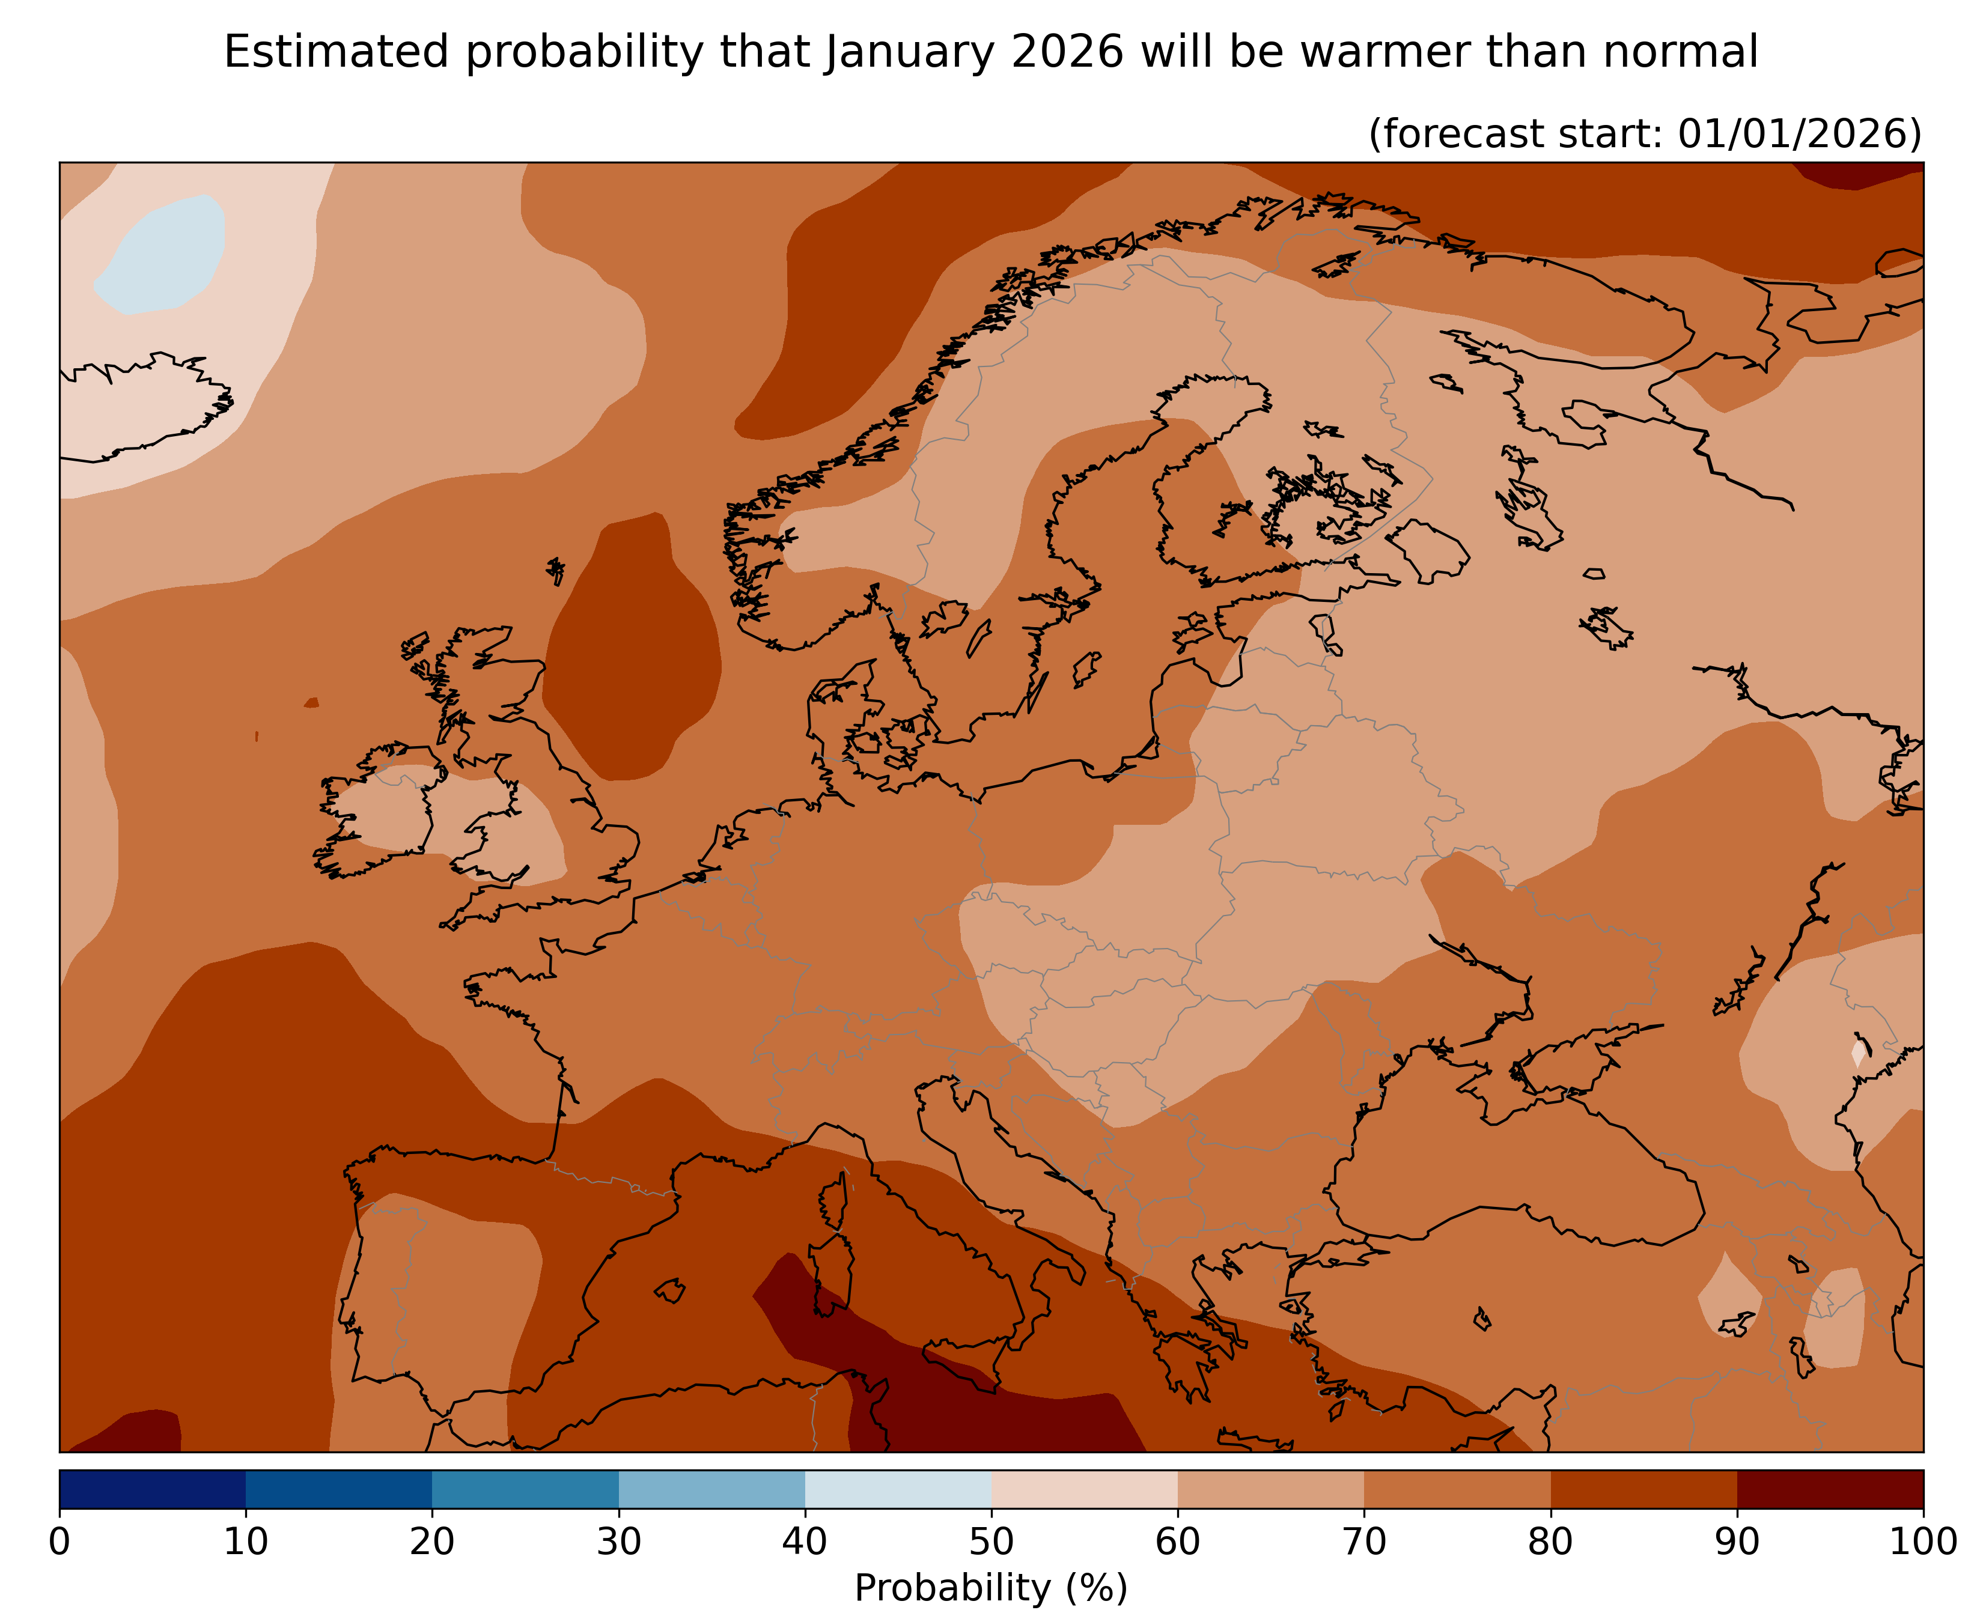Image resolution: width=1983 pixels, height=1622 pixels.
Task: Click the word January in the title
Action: click(x=909, y=52)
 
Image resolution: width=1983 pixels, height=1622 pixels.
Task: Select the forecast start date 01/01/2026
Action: click(x=1799, y=133)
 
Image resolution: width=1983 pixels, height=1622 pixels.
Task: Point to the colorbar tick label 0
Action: click(x=60, y=1541)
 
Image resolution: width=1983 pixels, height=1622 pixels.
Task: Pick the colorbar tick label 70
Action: click(x=1363, y=1541)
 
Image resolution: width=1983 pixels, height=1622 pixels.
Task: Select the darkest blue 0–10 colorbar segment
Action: click(x=152, y=1489)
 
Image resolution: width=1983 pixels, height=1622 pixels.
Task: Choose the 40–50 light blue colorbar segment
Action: click(x=898, y=1489)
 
